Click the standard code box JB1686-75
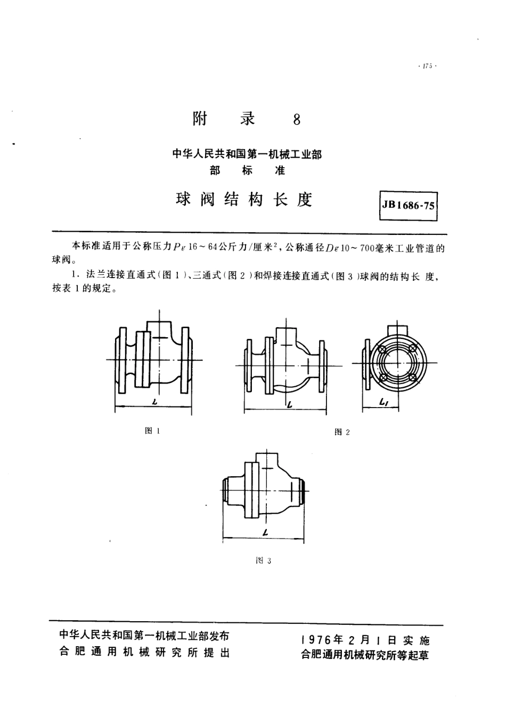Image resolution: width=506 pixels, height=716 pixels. click(409, 206)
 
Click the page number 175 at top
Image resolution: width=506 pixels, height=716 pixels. click(427, 67)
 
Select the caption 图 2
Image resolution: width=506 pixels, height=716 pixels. click(341, 432)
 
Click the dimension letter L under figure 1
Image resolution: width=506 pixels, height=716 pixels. click(154, 403)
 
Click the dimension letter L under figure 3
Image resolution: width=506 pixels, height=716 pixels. click(264, 533)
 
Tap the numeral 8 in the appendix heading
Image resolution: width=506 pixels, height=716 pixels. click(297, 119)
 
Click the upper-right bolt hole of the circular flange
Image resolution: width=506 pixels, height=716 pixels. click(412, 347)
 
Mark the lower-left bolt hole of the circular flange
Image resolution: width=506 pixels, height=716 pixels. click(382, 377)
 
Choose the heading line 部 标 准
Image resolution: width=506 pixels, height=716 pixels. click(247, 170)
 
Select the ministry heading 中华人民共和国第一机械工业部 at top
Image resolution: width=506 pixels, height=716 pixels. click(247, 155)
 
